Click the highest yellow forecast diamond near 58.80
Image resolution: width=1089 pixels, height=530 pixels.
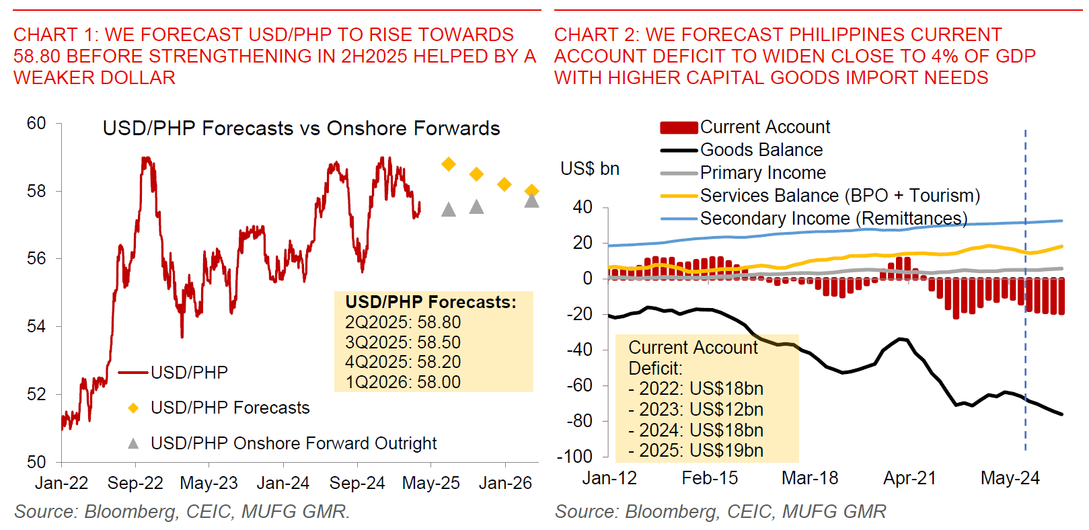point(449,164)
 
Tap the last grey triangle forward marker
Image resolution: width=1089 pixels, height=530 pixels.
point(531,200)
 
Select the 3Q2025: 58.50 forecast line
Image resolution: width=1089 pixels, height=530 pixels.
point(403,342)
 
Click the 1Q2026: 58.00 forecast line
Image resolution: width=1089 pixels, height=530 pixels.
point(403,382)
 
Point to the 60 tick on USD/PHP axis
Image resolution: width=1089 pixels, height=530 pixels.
point(36,124)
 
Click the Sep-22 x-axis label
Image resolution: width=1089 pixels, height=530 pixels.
point(135,483)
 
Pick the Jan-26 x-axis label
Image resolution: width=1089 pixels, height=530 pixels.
point(505,483)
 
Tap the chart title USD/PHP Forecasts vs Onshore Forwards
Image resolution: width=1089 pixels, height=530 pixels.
point(301,128)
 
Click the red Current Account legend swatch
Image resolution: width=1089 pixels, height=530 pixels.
point(679,128)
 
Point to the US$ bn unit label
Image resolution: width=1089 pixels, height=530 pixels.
point(590,169)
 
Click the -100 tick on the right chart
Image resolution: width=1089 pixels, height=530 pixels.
point(574,457)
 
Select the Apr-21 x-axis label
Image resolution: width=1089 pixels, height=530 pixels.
point(909,478)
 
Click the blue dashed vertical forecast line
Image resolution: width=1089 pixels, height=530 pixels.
point(1025,336)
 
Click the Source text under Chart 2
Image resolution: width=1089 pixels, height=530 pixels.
point(720,512)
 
